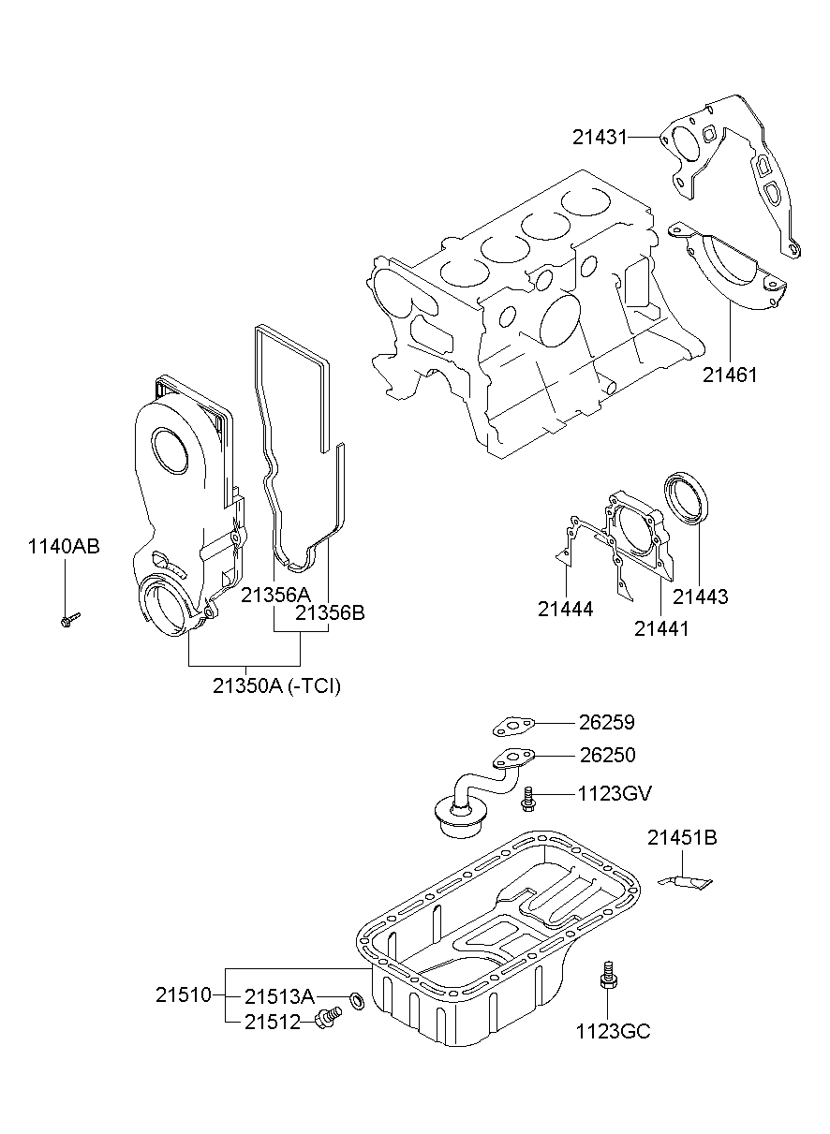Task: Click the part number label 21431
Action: pos(600,137)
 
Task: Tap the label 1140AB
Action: pos(64,547)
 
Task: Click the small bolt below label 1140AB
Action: pos(68,619)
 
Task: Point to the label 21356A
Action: pos(274,594)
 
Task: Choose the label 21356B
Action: pos(329,613)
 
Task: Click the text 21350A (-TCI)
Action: pos(276,686)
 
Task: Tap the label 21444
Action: pos(565,609)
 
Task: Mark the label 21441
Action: pos(660,629)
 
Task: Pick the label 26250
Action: pos(607,755)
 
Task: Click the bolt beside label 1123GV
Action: pos(529,796)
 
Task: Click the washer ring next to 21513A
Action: pos(357,1001)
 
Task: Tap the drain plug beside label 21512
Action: pos(326,1020)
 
